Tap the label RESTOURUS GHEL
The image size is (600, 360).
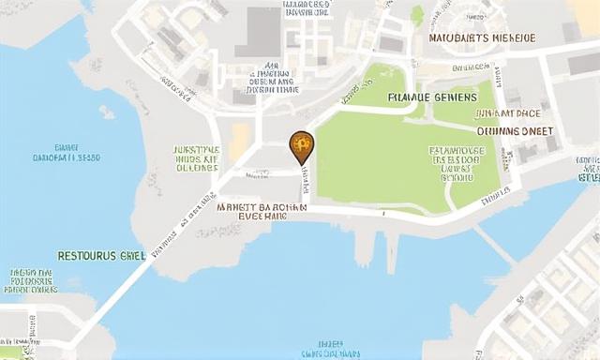(101, 255)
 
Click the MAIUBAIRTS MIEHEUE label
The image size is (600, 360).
(482, 37)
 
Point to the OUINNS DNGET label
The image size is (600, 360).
(515, 131)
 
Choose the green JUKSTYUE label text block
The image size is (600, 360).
(197, 158)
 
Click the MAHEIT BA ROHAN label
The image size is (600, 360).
(262, 209)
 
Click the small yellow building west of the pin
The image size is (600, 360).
(240, 141)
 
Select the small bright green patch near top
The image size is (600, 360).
(417, 15)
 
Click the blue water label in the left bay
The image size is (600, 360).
(65, 153)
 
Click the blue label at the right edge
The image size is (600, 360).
(587, 169)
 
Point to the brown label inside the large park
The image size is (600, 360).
(457, 163)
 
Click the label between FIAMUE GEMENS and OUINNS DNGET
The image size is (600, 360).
(506, 113)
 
